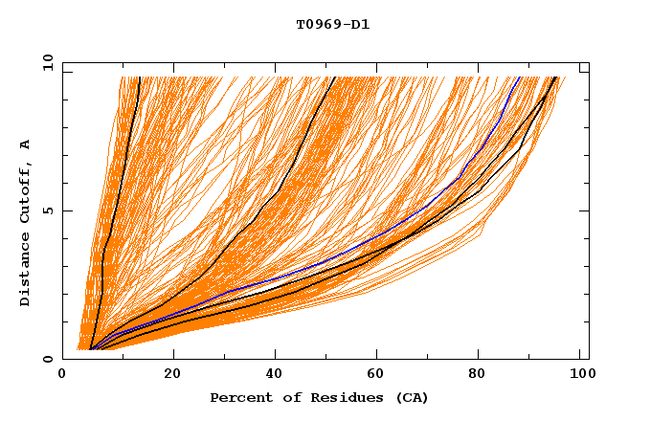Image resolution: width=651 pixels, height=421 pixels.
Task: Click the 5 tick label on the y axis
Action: click(x=47, y=210)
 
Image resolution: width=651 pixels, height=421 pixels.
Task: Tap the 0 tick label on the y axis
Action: click(x=47, y=359)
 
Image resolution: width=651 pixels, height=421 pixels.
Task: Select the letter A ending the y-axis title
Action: click(x=26, y=144)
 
